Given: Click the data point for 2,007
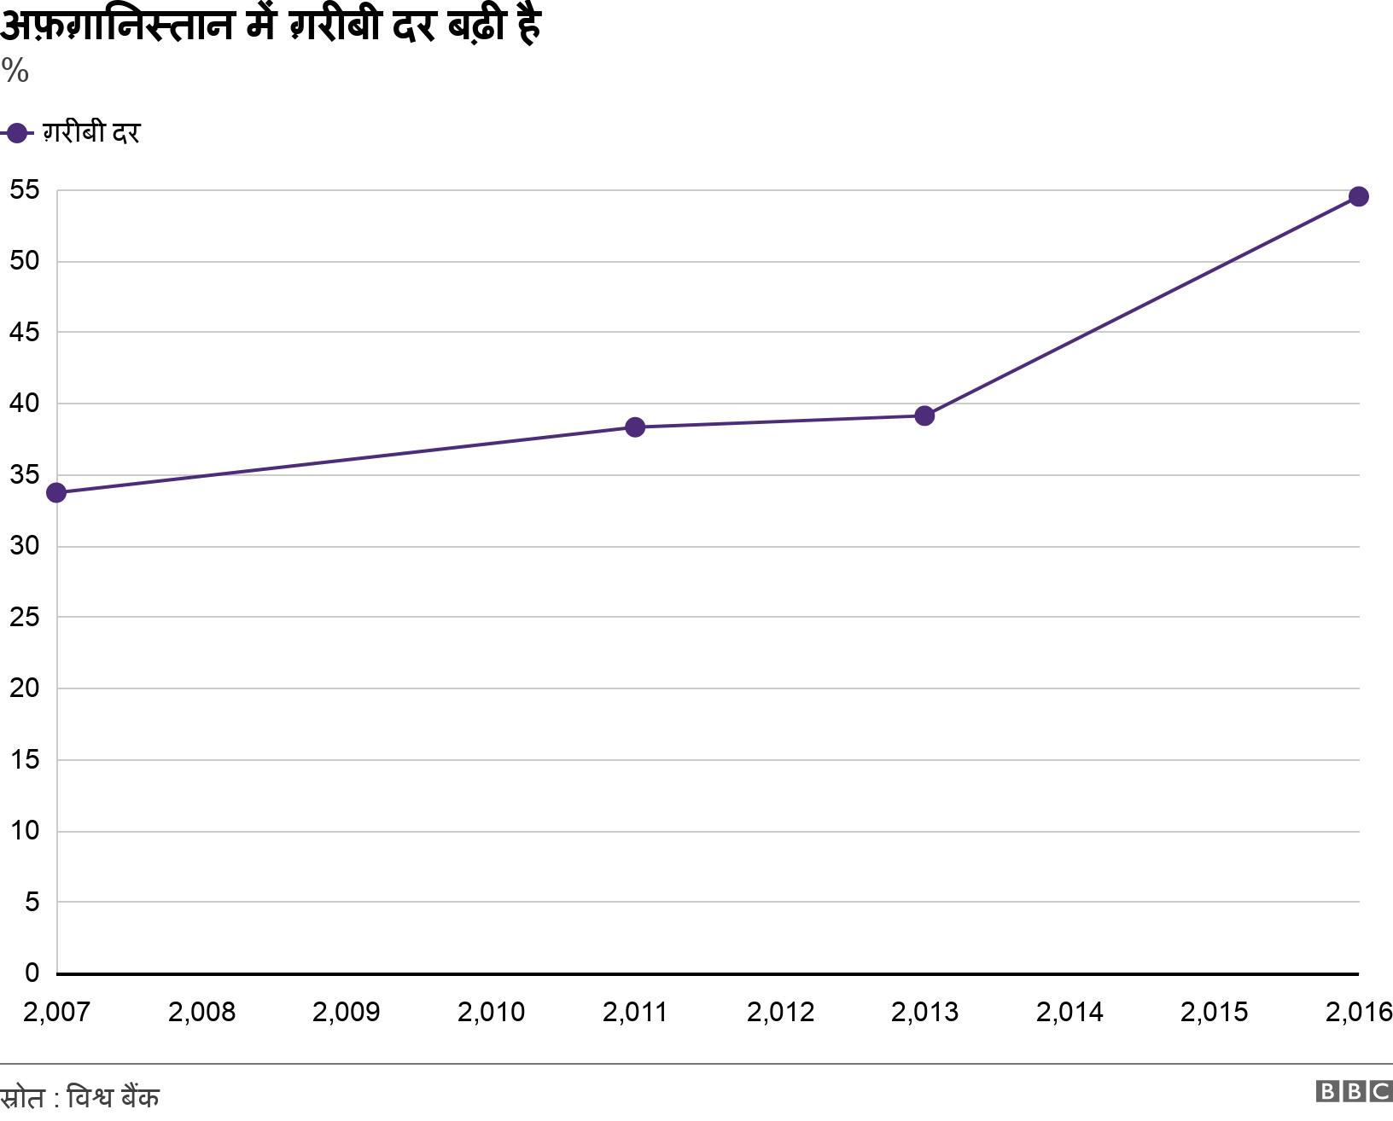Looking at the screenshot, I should pyautogui.click(x=56, y=493).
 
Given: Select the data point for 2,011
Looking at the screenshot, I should pyautogui.click(x=635, y=427).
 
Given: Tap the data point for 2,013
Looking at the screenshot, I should pyautogui.click(x=924, y=416).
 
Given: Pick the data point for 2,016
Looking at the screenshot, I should pyautogui.click(x=1358, y=197).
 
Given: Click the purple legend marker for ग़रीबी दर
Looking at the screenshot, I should pyautogui.click(x=15, y=134).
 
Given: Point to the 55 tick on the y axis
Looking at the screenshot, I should pyautogui.click(x=25, y=190).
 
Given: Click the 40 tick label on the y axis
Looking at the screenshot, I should pyautogui.click(x=25, y=403).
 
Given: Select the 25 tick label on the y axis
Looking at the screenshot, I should pyautogui.click(x=25, y=617).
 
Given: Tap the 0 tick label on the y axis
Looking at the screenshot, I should pyautogui.click(x=32, y=973).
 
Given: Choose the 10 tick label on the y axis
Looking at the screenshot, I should pyautogui.click(x=25, y=830).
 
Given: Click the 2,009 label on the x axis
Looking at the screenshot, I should pyautogui.click(x=346, y=1013).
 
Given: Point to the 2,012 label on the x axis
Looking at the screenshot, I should pyautogui.click(x=780, y=1013).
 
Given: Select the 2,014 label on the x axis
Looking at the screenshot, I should pyautogui.click(x=1070, y=1013).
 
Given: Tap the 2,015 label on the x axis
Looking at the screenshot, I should pyautogui.click(x=1214, y=1013).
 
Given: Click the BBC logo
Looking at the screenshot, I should pyautogui.click(x=1354, y=1092).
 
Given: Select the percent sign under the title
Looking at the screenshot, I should pyautogui.click(x=15, y=72).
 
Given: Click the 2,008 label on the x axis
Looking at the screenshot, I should pyautogui.click(x=201, y=1013).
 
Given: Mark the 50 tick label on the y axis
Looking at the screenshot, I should pyautogui.click(x=25, y=261).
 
